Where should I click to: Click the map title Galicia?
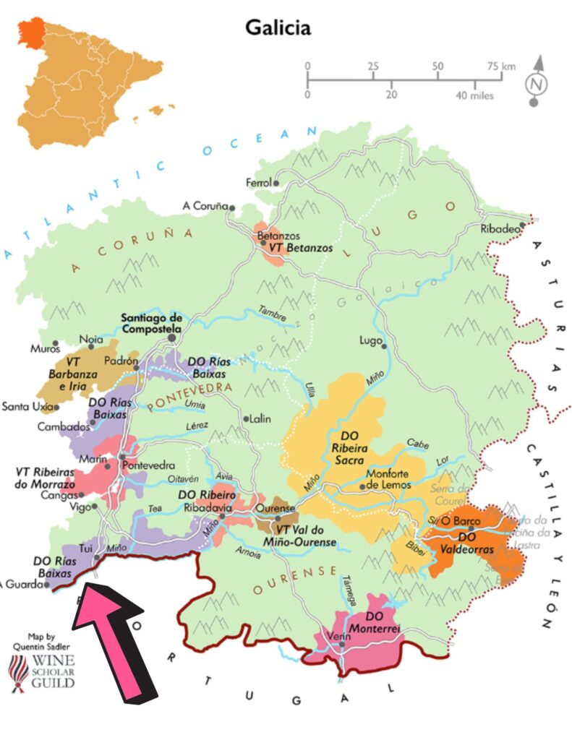[x=278, y=27]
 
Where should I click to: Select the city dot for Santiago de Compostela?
[x=172, y=336]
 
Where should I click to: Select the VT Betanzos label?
[x=301, y=248]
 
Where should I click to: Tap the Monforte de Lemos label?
[x=388, y=480]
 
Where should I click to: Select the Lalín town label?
[x=259, y=418]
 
